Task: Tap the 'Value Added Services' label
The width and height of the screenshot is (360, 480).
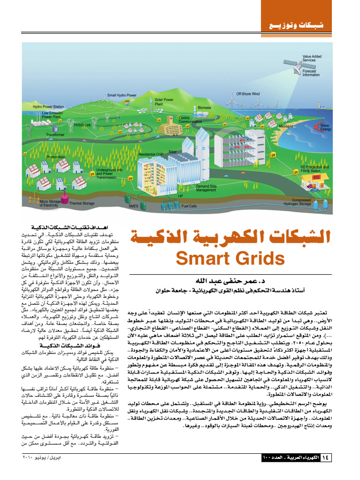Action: [312, 58]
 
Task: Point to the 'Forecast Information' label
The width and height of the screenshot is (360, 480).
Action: [311, 73]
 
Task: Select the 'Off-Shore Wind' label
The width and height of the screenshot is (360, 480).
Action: [247, 94]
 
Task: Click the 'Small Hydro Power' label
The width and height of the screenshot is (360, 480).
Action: [122, 95]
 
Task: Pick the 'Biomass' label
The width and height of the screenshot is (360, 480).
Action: [204, 108]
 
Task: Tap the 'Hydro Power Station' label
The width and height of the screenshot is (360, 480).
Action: [48, 107]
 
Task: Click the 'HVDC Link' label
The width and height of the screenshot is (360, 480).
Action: [82, 125]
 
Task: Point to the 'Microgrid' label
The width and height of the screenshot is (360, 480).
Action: [286, 127]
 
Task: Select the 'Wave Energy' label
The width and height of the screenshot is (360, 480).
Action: [325, 127]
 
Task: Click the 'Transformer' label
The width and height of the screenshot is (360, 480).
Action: [55, 135]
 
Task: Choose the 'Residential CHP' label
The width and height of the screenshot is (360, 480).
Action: [150, 154]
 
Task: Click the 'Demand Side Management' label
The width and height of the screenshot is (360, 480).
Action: [206, 188]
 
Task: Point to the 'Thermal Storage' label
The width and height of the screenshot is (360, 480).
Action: [82, 203]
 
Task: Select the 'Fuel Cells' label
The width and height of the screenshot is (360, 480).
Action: [189, 206]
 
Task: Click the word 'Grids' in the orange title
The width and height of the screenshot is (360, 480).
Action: [259, 259]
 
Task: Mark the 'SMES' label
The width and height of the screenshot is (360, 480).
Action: [134, 206]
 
